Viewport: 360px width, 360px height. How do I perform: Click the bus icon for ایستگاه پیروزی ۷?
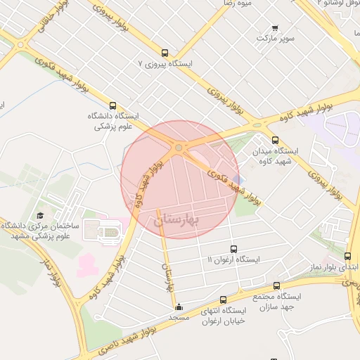click(x=165, y=53)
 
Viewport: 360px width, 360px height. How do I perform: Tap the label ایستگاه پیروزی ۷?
click(x=165, y=63)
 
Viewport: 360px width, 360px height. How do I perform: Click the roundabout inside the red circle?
click(x=179, y=148)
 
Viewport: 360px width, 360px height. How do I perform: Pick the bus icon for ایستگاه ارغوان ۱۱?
click(x=234, y=249)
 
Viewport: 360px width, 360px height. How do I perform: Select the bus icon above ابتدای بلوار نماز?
click(x=347, y=257)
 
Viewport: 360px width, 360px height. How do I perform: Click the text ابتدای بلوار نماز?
click(x=331, y=268)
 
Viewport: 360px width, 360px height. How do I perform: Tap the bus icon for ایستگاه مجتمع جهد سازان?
click(x=276, y=286)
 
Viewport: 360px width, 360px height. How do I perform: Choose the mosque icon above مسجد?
click(x=179, y=307)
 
